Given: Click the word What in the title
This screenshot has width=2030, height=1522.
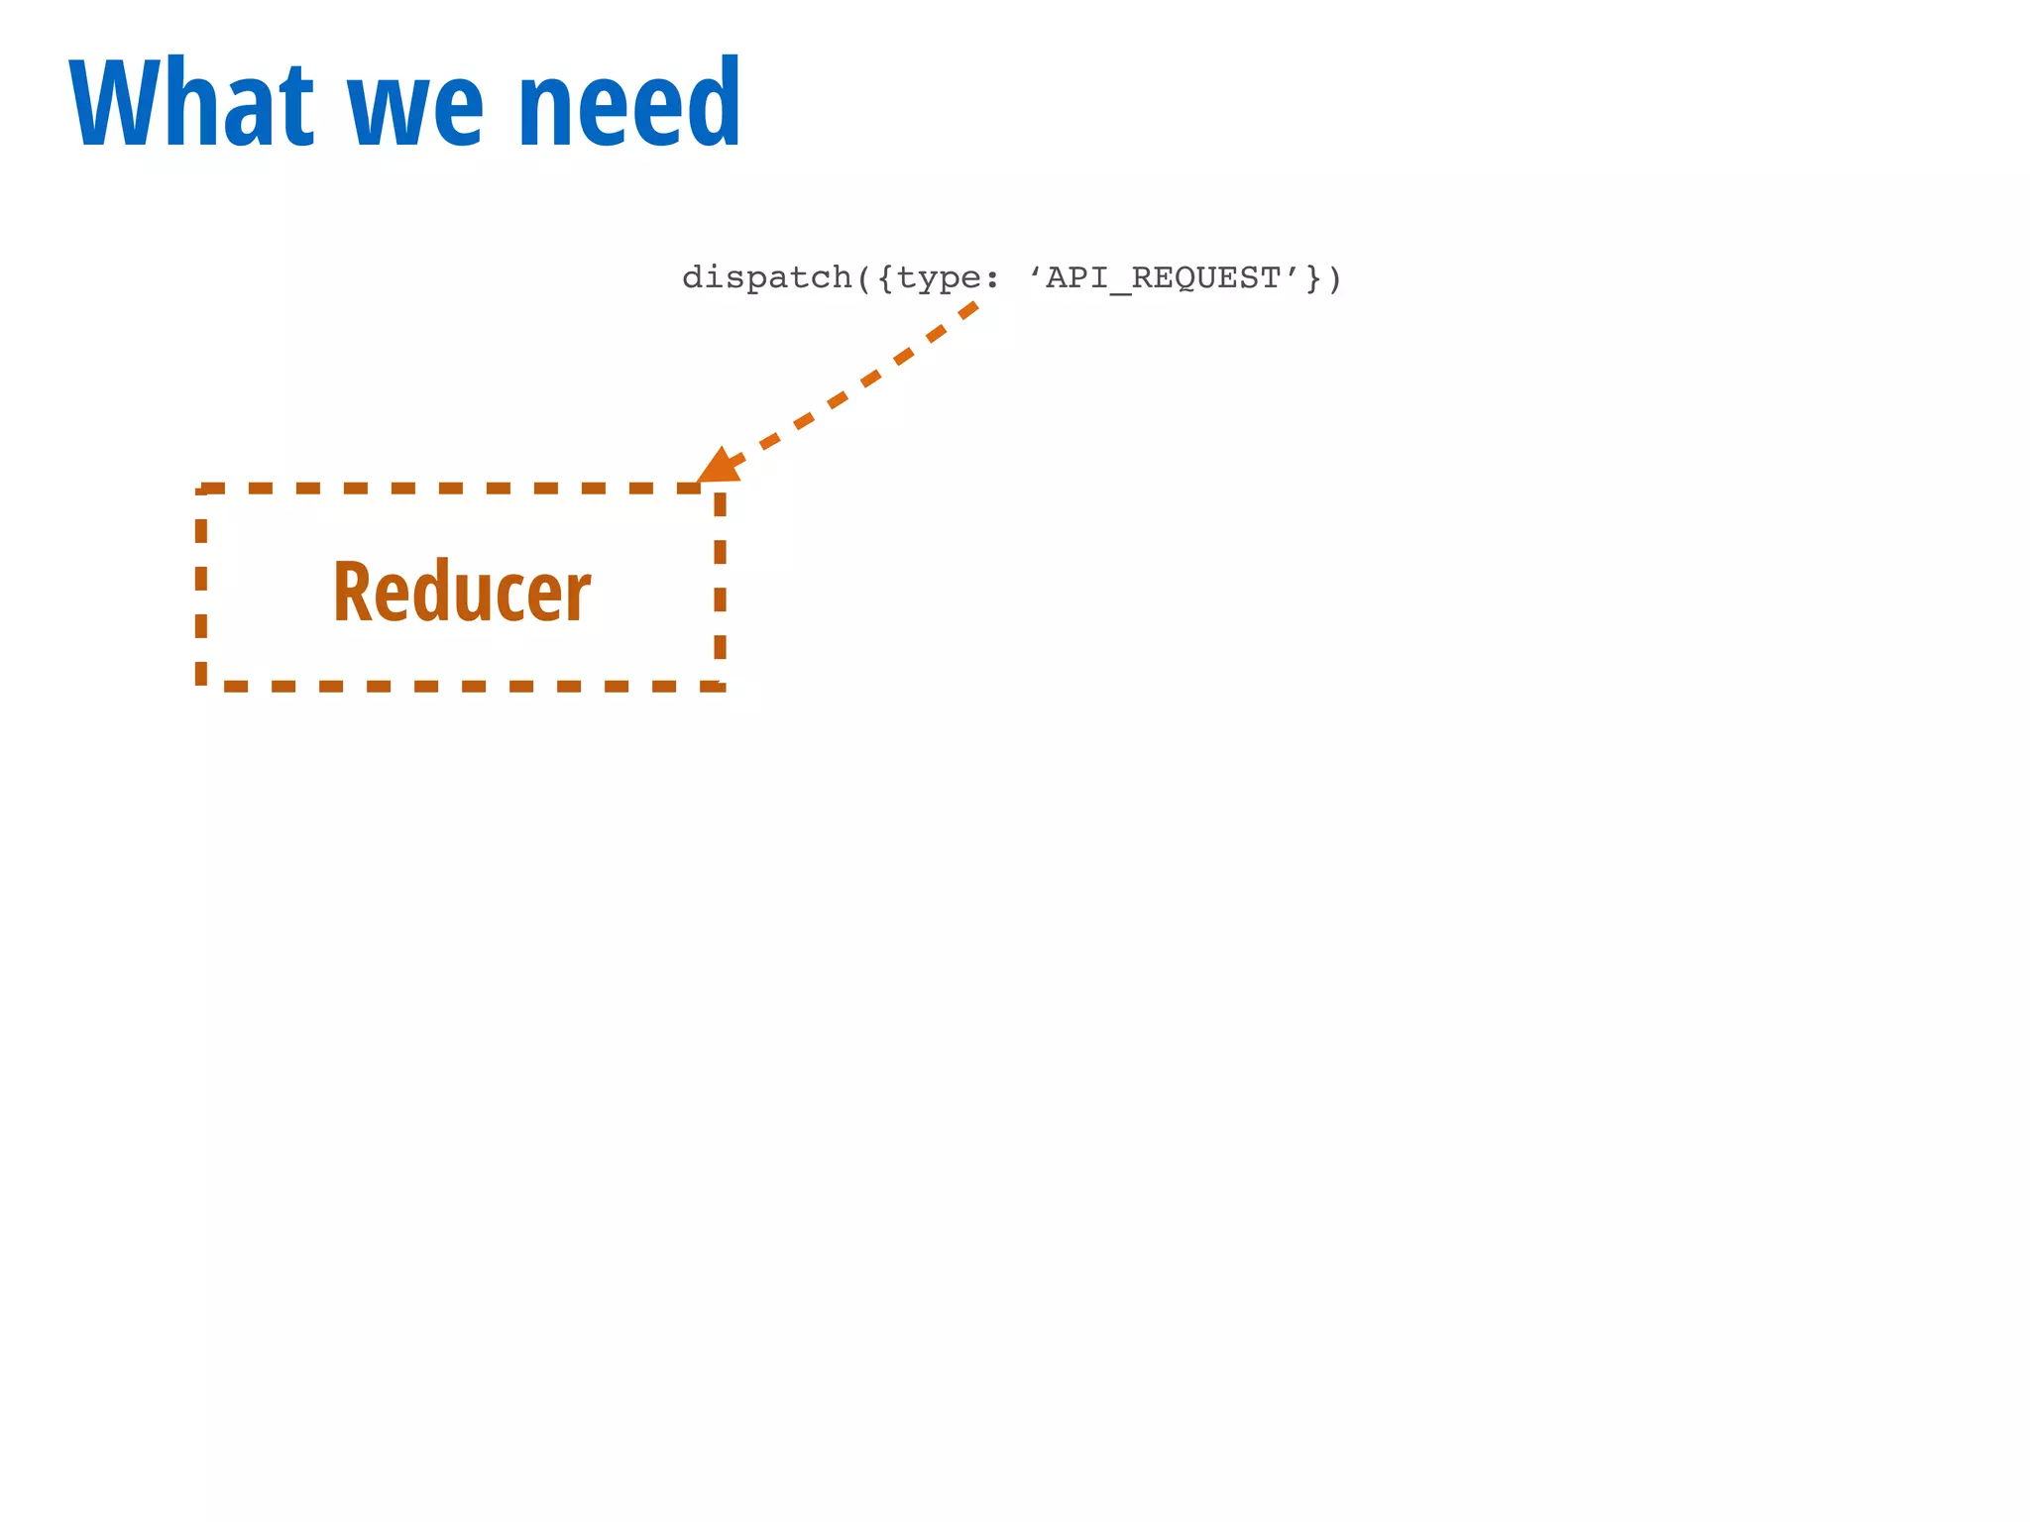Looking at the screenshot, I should [191, 103].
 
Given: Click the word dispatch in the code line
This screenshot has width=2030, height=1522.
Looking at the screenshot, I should [767, 278].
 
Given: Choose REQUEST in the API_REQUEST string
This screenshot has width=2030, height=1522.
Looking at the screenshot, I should [1207, 278].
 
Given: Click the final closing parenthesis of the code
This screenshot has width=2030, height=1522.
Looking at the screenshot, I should [1334, 278].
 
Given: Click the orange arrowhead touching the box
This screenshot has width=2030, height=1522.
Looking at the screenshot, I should [719, 467].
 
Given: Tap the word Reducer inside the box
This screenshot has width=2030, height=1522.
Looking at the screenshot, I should [462, 592].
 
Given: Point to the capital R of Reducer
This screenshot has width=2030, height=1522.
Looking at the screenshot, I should [352, 592].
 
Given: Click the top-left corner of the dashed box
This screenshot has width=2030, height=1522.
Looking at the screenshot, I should [201, 489].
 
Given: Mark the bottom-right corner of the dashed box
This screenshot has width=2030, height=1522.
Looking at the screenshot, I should [721, 685].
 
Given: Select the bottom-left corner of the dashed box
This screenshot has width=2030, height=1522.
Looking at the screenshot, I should [201, 685].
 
